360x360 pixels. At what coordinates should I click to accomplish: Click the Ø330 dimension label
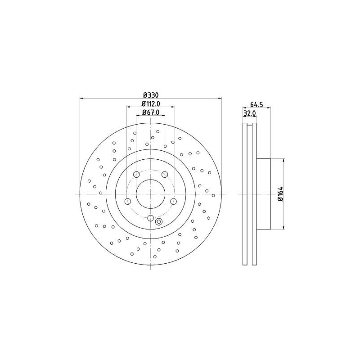tap(151, 95)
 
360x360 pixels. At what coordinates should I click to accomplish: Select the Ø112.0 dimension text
tap(151, 104)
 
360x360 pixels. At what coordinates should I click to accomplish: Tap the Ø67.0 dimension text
tap(151, 112)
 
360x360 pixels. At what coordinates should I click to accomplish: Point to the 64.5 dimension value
tap(256, 104)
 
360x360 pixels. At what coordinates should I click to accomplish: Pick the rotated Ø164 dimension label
tap(280, 194)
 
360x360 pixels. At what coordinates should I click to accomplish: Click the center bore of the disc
tap(150, 194)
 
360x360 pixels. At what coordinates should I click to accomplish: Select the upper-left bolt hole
tap(136, 175)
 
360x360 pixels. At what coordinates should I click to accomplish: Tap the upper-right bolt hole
tap(165, 175)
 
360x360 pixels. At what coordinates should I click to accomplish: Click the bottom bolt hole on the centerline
tap(150, 218)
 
